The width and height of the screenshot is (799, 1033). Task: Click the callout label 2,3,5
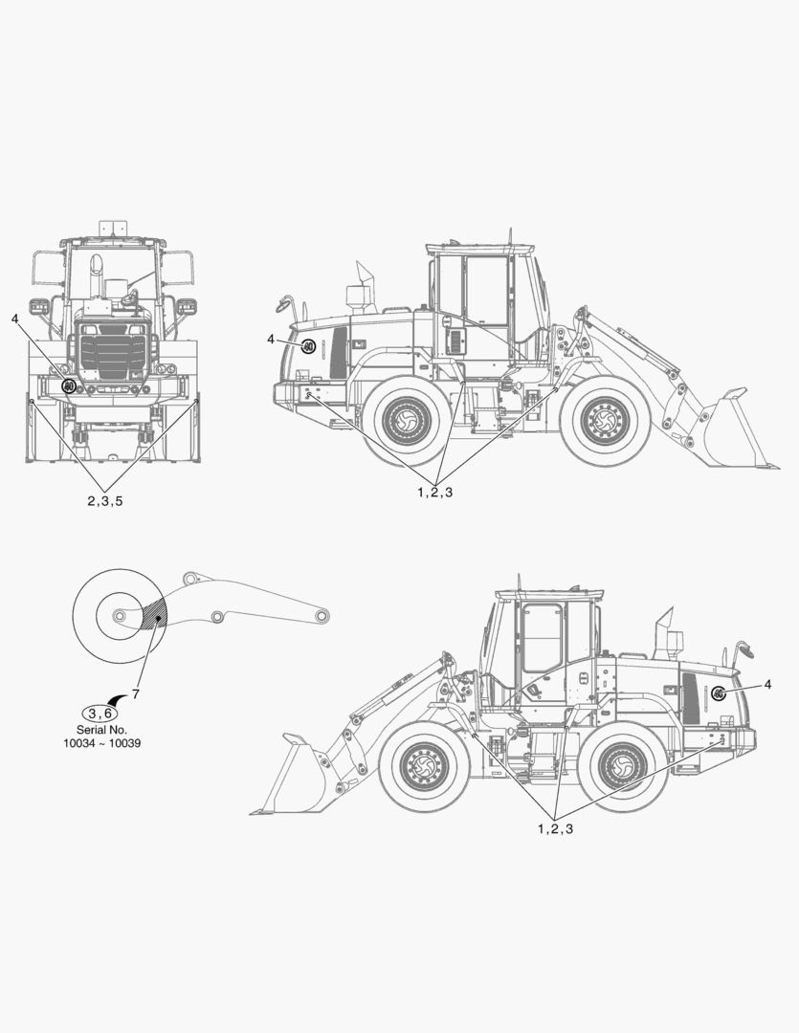(x=105, y=500)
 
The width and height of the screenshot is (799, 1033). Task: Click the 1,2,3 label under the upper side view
(x=435, y=493)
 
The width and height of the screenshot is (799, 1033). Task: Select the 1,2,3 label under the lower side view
(x=556, y=828)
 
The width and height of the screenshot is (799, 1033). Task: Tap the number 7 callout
(x=135, y=693)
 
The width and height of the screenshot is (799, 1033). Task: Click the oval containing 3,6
(x=100, y=713)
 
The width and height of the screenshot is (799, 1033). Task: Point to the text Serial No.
(x=101, y=730)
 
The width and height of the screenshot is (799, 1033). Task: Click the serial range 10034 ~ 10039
(x=101, y=744)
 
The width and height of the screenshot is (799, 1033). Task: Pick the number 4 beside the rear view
(x=15, y=319)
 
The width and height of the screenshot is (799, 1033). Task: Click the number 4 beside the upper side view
(x=270, y=340)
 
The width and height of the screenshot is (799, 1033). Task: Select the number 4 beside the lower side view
(x=767, y=685)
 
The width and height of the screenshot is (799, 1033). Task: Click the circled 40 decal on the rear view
(x=69, y=386)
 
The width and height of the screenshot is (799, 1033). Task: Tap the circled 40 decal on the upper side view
(x=308, y=346)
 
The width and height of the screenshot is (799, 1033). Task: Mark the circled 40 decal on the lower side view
(x=719, y=693)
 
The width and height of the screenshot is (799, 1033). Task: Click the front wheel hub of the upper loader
(x=605, y=419)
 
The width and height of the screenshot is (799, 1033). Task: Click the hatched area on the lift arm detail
(x=156, y=615)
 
